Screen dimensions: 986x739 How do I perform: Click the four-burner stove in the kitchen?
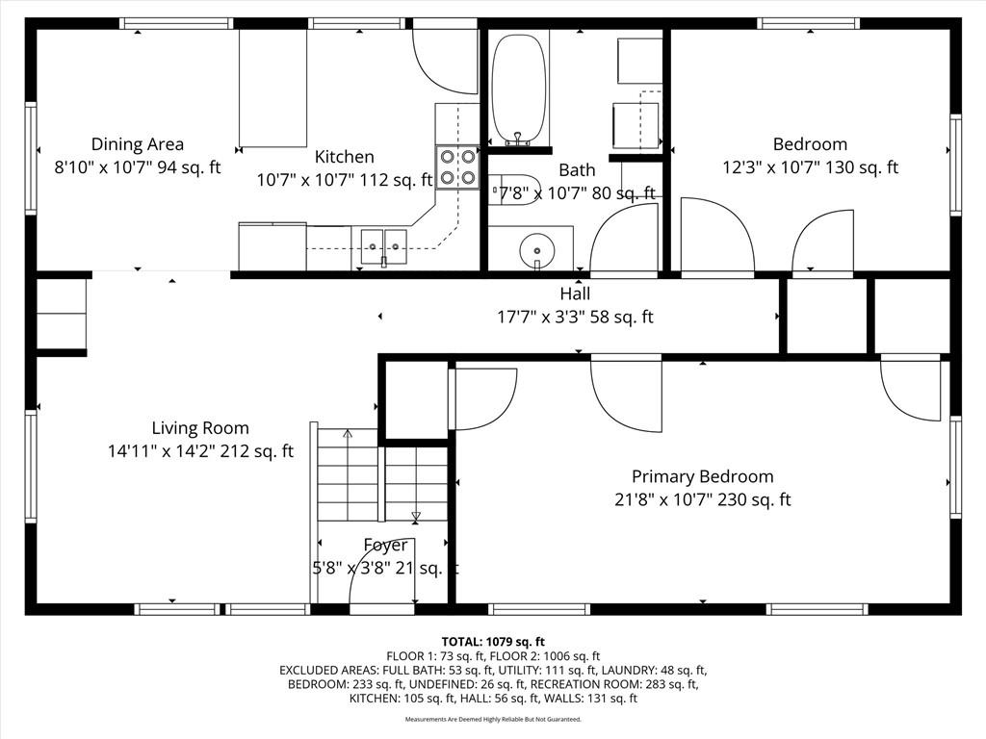[457, 167]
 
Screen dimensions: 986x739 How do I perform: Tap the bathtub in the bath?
[518, 89]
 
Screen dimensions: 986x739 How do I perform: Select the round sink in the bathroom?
[537, 251]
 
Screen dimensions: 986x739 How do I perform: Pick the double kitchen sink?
[383, 247]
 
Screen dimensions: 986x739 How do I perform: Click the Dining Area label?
[138, 144]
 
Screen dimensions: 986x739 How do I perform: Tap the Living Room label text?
[200, 428]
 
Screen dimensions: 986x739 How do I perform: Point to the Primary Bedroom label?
[702, 476]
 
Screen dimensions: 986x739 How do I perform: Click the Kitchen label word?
[345, 157]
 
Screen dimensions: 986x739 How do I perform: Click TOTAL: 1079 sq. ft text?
[493, 642]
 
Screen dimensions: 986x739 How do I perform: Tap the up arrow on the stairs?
[348, 434]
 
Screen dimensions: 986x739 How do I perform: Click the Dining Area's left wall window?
[30, 158]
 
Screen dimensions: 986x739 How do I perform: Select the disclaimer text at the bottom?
[493, 719]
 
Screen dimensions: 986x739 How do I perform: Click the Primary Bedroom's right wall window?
[956, 467]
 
